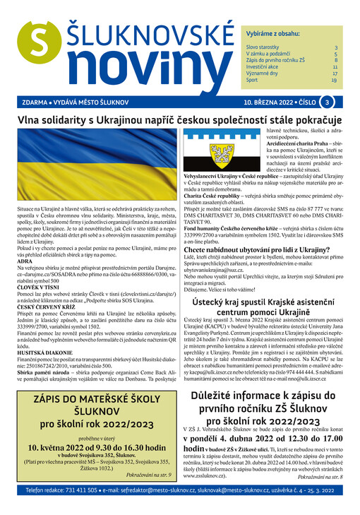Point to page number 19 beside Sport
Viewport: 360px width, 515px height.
[x=334, y=81]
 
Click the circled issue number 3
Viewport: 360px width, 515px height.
[x=329, y=102]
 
